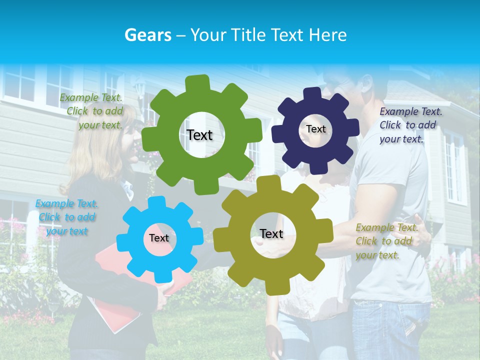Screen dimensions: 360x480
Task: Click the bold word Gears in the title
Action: pos(147,35)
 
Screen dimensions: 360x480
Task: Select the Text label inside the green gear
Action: pos(199,135)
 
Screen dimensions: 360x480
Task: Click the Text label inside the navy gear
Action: pos(315,129)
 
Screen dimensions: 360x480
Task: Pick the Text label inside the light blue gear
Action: pos(159,238)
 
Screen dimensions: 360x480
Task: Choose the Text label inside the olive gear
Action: pos(271,233)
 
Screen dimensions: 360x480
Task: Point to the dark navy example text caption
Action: pos(410,125)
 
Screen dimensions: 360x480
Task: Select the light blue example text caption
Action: pos(66,217)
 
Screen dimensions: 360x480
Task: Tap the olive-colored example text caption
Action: pos(386,241)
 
